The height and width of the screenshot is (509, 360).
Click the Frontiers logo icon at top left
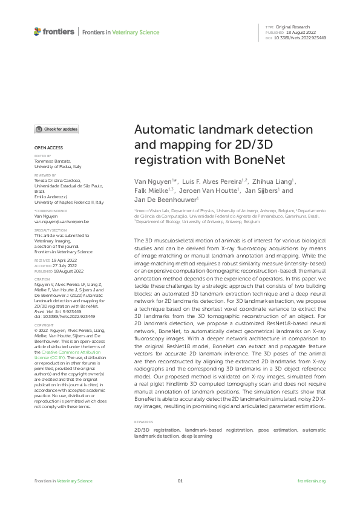point(38,31)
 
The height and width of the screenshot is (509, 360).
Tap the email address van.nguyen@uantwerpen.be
point(62,222)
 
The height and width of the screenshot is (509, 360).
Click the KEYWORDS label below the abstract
point(143,421)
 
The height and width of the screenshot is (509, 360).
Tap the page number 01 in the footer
point(180,481)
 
